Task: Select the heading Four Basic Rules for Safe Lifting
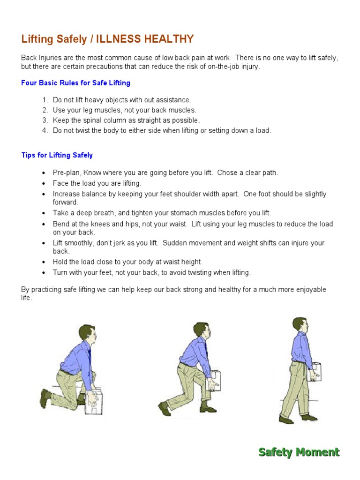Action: click(75, 83)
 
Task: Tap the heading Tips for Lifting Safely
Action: click(57, 155)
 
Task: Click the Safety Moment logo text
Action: click(299, 452)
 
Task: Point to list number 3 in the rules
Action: click(45, 120)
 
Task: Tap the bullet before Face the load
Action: click(44, 184)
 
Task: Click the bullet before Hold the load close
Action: click(44, 262)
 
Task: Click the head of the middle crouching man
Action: click(202, 331)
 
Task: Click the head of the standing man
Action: click(300, 325)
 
